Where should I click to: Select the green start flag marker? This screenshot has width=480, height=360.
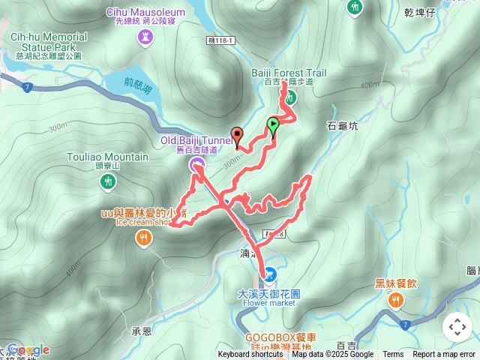click(x=273, y=124)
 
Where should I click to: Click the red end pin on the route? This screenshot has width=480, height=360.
click(x=238, y=136)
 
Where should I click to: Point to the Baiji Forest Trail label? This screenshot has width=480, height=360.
click(x=289, y=73)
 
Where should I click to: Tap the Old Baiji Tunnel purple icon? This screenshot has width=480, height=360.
click(x=198, y=164)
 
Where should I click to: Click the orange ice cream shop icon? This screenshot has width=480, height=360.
click(x=143, y=238)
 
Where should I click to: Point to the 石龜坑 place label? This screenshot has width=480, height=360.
click(x=343, y=126)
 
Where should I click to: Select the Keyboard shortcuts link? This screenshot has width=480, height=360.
click(x=250, y=355)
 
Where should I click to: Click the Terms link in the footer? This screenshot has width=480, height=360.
click(x=393, y=355)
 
